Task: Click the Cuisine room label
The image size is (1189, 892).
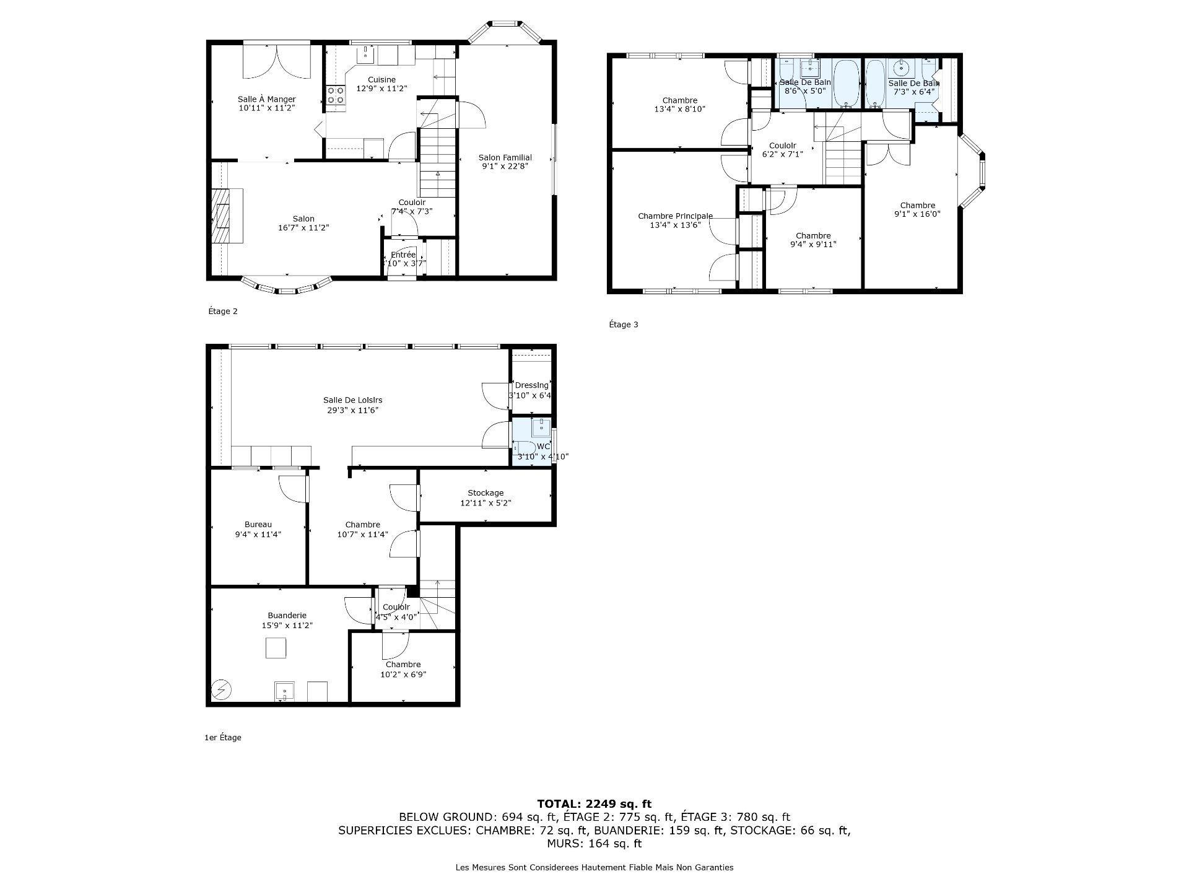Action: pyautogui.click(x=381, y=79)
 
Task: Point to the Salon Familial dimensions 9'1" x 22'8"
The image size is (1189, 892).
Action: pyautogui.click(x=505, y=166)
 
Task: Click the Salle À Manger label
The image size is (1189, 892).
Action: pyautogui.click(x=267, y=99)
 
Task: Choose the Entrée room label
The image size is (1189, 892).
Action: pyautogui.click(x=403, y=255)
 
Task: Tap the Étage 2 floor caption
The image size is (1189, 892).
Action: pyautogui.click(x=223, y=312)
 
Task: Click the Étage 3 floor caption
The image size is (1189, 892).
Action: pyautogui.click(x=624, y=325)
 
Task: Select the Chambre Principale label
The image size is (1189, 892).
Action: pyautogui.click(x=675, y=216)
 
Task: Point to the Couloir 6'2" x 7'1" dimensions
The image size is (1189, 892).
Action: pyautogui.click(x=782, y=154)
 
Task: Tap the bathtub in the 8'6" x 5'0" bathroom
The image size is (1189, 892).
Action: pyautogui.click(x=846, y=83)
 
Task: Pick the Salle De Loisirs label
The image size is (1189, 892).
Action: pyautogui.click(x=348, y=400)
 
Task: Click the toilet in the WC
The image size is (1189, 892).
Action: pyautogui.click(x=523, y=447)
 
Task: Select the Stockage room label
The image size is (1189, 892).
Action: pyautogui.click(x=486, y=493)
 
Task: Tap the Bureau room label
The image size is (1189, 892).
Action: pyautogui.click(x=258, y=525)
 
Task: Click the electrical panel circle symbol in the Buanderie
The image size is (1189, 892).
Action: pyautogui.click(x=220, y=689)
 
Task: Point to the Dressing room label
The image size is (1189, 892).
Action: pyautogui.click(x=532, y=385)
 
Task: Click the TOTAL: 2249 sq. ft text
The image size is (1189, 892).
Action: pyautogui.click(x=594, y=804)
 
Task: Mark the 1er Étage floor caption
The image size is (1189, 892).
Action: pyautogui.click(x=223, y=738)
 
